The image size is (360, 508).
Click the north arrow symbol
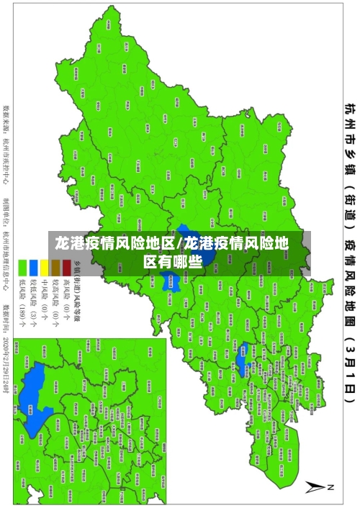[x=314, y=487]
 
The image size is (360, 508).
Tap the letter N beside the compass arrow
[x=332, y=487]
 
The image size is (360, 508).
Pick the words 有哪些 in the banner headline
[x=189, y=262]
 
